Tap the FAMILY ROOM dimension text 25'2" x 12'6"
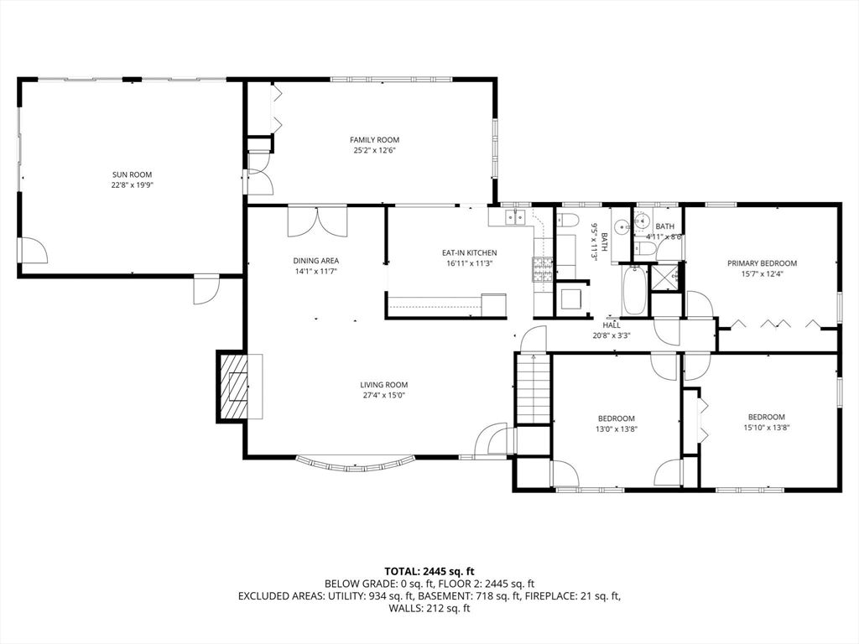pyautogui.click(x=374, y=151)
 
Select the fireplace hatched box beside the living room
pyautogui.click(x=236, y=386)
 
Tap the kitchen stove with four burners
pyautogui.click(x=539, y=268)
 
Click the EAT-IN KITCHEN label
pyautogui.click(x=469, y=253)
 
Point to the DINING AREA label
pyautogui.click(x=315, y=261)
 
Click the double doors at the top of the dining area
pyautogui.click(x=316, y=221)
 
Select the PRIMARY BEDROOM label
pyautogui.click(x=762, y=263)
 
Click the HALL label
pyautogui.click(x=611, y=325)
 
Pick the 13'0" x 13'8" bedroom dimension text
pyautogui.click(x=616, y=428)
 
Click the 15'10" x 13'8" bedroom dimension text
pyautogui.click(x=766, y=427)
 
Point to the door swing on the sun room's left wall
pyautogui.click(x=34, y=249)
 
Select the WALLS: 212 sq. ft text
pyautogui.click(x=429, y=608)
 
